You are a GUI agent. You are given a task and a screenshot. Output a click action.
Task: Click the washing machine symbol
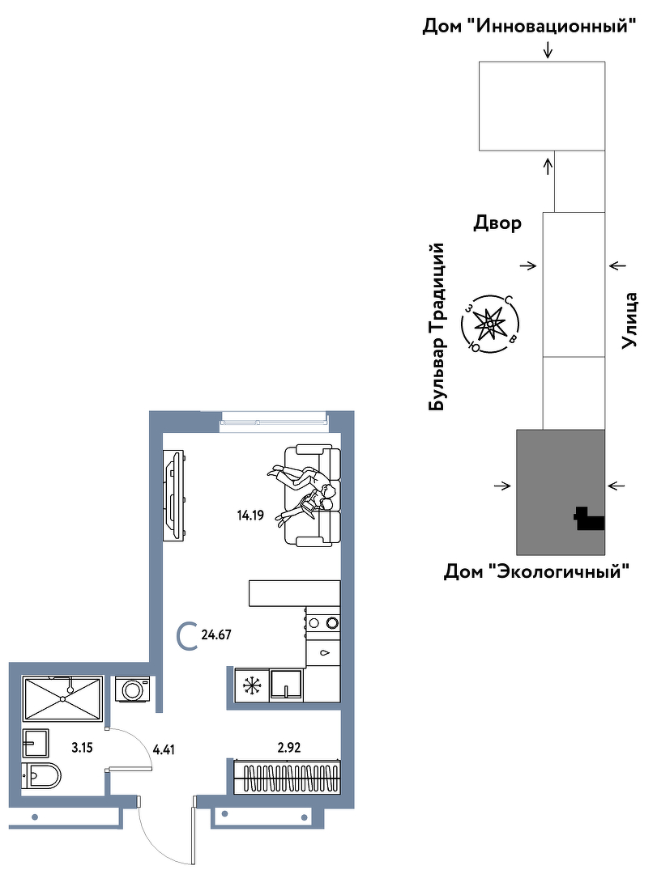(x=134, y=689)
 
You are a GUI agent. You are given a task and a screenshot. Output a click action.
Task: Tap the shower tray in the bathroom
(x=62, y=698)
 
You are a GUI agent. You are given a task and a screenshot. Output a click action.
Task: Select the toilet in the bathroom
(x=41, y=775)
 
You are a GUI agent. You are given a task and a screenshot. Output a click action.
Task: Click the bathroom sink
(x=36, y=743)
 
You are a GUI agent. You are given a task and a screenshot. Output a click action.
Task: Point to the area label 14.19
(x=250, y=515)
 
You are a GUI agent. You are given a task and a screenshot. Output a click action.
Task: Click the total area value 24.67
(x=216, y=634)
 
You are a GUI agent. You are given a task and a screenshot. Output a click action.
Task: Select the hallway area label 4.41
(x=164, y=749)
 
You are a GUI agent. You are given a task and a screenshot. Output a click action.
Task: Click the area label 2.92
(x=289, y=747)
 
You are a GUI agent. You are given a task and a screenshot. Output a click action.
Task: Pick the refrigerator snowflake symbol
(x=252, y=685)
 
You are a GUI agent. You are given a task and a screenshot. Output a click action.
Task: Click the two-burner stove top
(x=322, y=622)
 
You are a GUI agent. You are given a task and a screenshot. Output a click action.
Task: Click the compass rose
(x=490, y=324)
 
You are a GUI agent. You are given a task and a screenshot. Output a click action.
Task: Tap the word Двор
(x=497, y=223)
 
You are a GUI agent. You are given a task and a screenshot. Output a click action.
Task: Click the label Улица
(x=629, y=320)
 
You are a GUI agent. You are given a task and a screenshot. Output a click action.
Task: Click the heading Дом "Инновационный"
(x=529, y=26)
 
